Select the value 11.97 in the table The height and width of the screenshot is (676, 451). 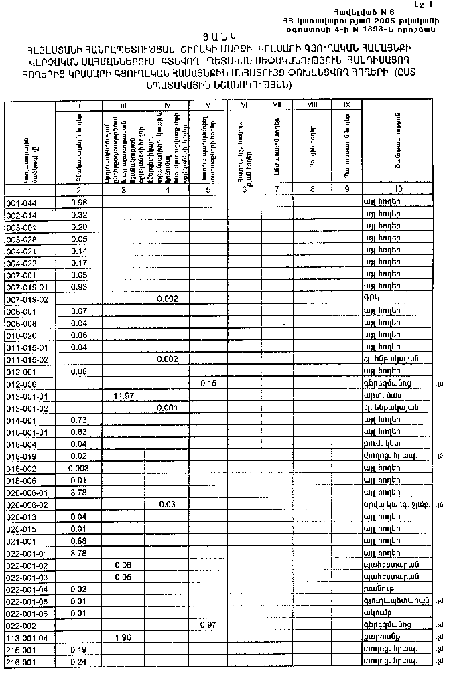pyautogui.click(x=123, y=396)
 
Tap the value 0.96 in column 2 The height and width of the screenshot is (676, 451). pyautogui.click(x=79, y=202)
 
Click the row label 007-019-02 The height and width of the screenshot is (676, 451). pyautogui.click(x=27, y=299)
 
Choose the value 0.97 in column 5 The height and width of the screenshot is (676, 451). pyautogui.click(x=209, y=624)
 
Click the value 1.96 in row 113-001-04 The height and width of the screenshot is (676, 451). pyautogui.click(x=123, y=637)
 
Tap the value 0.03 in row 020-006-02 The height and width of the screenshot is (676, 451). pyautogui.click(x=167, y=504)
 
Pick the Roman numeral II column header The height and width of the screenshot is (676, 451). pyautogui.click(x=79, y=105)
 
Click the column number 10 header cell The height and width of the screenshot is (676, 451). pyautogui.click(x=399, y=189)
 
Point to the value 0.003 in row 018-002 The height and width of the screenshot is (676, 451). pyautogui.click(x=79, y=468)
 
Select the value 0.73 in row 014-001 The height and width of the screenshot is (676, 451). pyautogui.click(x=79, y=420)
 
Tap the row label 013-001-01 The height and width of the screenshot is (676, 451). pyautogui.click(x=27, y=396)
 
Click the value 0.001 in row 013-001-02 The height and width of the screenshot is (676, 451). pyautogui.click(x=167, y=408)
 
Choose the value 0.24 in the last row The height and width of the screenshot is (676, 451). pyautogui.click(x=79, y=661)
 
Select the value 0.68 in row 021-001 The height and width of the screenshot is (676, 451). pyautogui.click(x=79, y=540)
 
